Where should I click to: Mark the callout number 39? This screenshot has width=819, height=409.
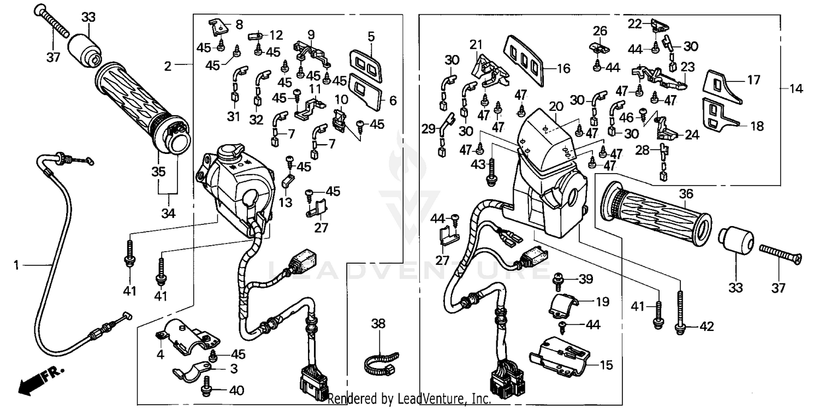point(585,279)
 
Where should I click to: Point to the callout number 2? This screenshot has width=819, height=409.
point(168,67)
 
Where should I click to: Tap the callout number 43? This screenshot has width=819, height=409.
point(478,164)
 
